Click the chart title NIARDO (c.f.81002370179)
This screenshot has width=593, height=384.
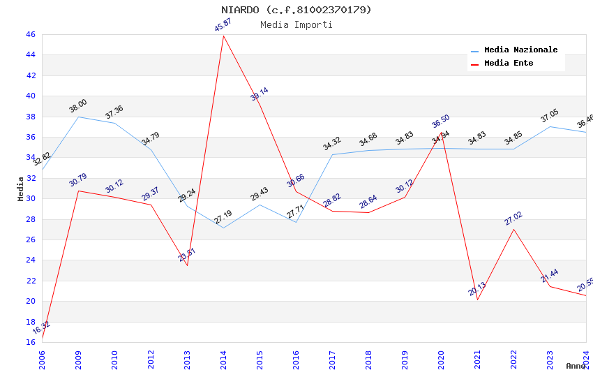coord(296,10)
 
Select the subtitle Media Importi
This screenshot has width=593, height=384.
coord(296,25)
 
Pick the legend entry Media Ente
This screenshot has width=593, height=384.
coord(509,64)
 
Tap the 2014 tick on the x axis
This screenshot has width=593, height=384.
coord(223,360)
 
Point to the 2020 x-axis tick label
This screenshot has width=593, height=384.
coord(441,360)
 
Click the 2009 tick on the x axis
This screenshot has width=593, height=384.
coord(78,360)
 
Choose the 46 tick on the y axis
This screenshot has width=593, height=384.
coord(30,34)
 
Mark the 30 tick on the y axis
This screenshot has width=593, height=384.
coord(30,198)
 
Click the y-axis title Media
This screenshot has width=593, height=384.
coord(21,189)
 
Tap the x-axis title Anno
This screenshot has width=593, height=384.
coord(576,366)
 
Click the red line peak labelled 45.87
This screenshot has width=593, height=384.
coord(223,36)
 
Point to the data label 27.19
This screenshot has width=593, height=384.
coord(223,217)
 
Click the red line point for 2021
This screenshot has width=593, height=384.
coord(477,300)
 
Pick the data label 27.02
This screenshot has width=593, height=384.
coord(513,219)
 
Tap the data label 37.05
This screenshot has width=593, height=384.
coord(550,116)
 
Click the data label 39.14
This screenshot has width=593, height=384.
coord(260,94)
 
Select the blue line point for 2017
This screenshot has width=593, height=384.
coord(332,154)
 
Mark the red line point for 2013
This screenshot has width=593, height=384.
coord(187,265)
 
